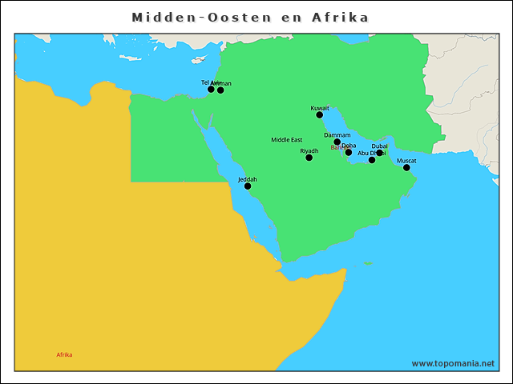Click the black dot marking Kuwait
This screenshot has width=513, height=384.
(x=320, y=115)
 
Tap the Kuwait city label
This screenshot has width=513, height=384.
(x=320, y=107)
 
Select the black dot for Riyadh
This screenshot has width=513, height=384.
(x=309, y=158)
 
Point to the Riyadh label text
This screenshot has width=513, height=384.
(x=309, y=150)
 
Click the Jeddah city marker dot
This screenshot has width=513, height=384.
(x=248, y=186)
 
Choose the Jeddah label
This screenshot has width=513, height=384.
(x=248, y=179)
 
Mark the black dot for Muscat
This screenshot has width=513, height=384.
(x=406, y=168)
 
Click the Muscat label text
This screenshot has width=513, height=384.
(x=406, y=160)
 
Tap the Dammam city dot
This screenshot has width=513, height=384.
(x=337, y=142)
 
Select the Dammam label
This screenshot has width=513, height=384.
(x=337, y=135)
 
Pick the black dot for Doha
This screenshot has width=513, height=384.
(x=349, y=153)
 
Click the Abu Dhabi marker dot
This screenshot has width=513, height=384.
(x=372, y=160)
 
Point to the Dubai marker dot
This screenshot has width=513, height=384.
(x=380, y=153)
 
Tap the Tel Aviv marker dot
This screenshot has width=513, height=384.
(x=212, y=89)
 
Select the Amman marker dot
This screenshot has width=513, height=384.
(x=221, y=90)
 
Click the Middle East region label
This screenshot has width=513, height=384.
(x=286, y=140)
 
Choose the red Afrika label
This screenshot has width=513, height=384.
(x=64, y=354)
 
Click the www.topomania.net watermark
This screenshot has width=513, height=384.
(x=453, y=363)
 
